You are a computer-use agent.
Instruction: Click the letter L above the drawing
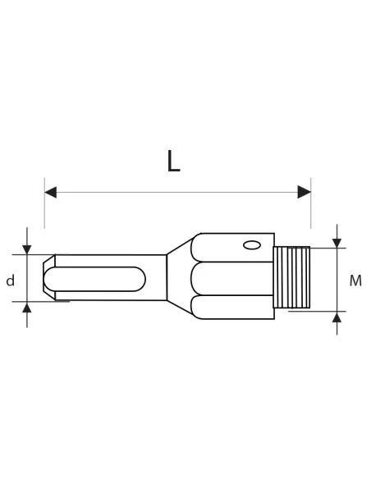tap(172, 162)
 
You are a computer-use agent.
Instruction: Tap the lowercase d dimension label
tap(11, 281)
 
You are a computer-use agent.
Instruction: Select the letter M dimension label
tap(355, 281)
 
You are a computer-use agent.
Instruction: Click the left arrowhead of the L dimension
tap(50, 192)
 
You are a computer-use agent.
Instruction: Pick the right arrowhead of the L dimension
tap(305, 192)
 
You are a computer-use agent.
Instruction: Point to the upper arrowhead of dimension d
tap(27, 249)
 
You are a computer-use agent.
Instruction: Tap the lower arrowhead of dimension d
tap(27, 308)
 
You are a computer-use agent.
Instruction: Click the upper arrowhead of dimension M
tap(337, 244)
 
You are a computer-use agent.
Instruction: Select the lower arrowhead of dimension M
tap(337, 317)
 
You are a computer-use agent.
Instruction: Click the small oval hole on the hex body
tap(252, 244)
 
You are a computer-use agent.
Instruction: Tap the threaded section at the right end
tap(291, 277)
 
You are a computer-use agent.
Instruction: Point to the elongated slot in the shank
tap(94, 279)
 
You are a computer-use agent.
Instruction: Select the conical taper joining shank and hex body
tap(180, 277)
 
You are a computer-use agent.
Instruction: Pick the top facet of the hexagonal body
tap(234, 248)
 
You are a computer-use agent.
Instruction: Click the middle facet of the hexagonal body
tap(234, 279)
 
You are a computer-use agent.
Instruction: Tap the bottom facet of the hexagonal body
tap(234, 307)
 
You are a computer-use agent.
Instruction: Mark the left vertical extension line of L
tap(44, 209)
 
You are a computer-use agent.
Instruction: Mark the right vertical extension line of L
tap(310, 209)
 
